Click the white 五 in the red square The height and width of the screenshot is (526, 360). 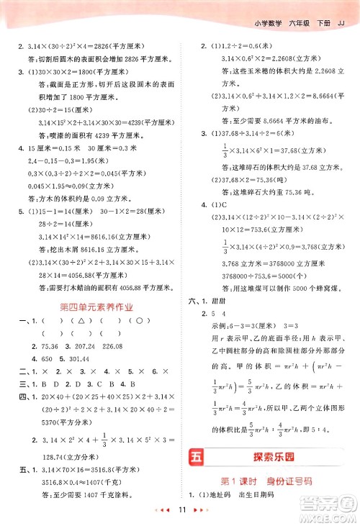tap(196, 455)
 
